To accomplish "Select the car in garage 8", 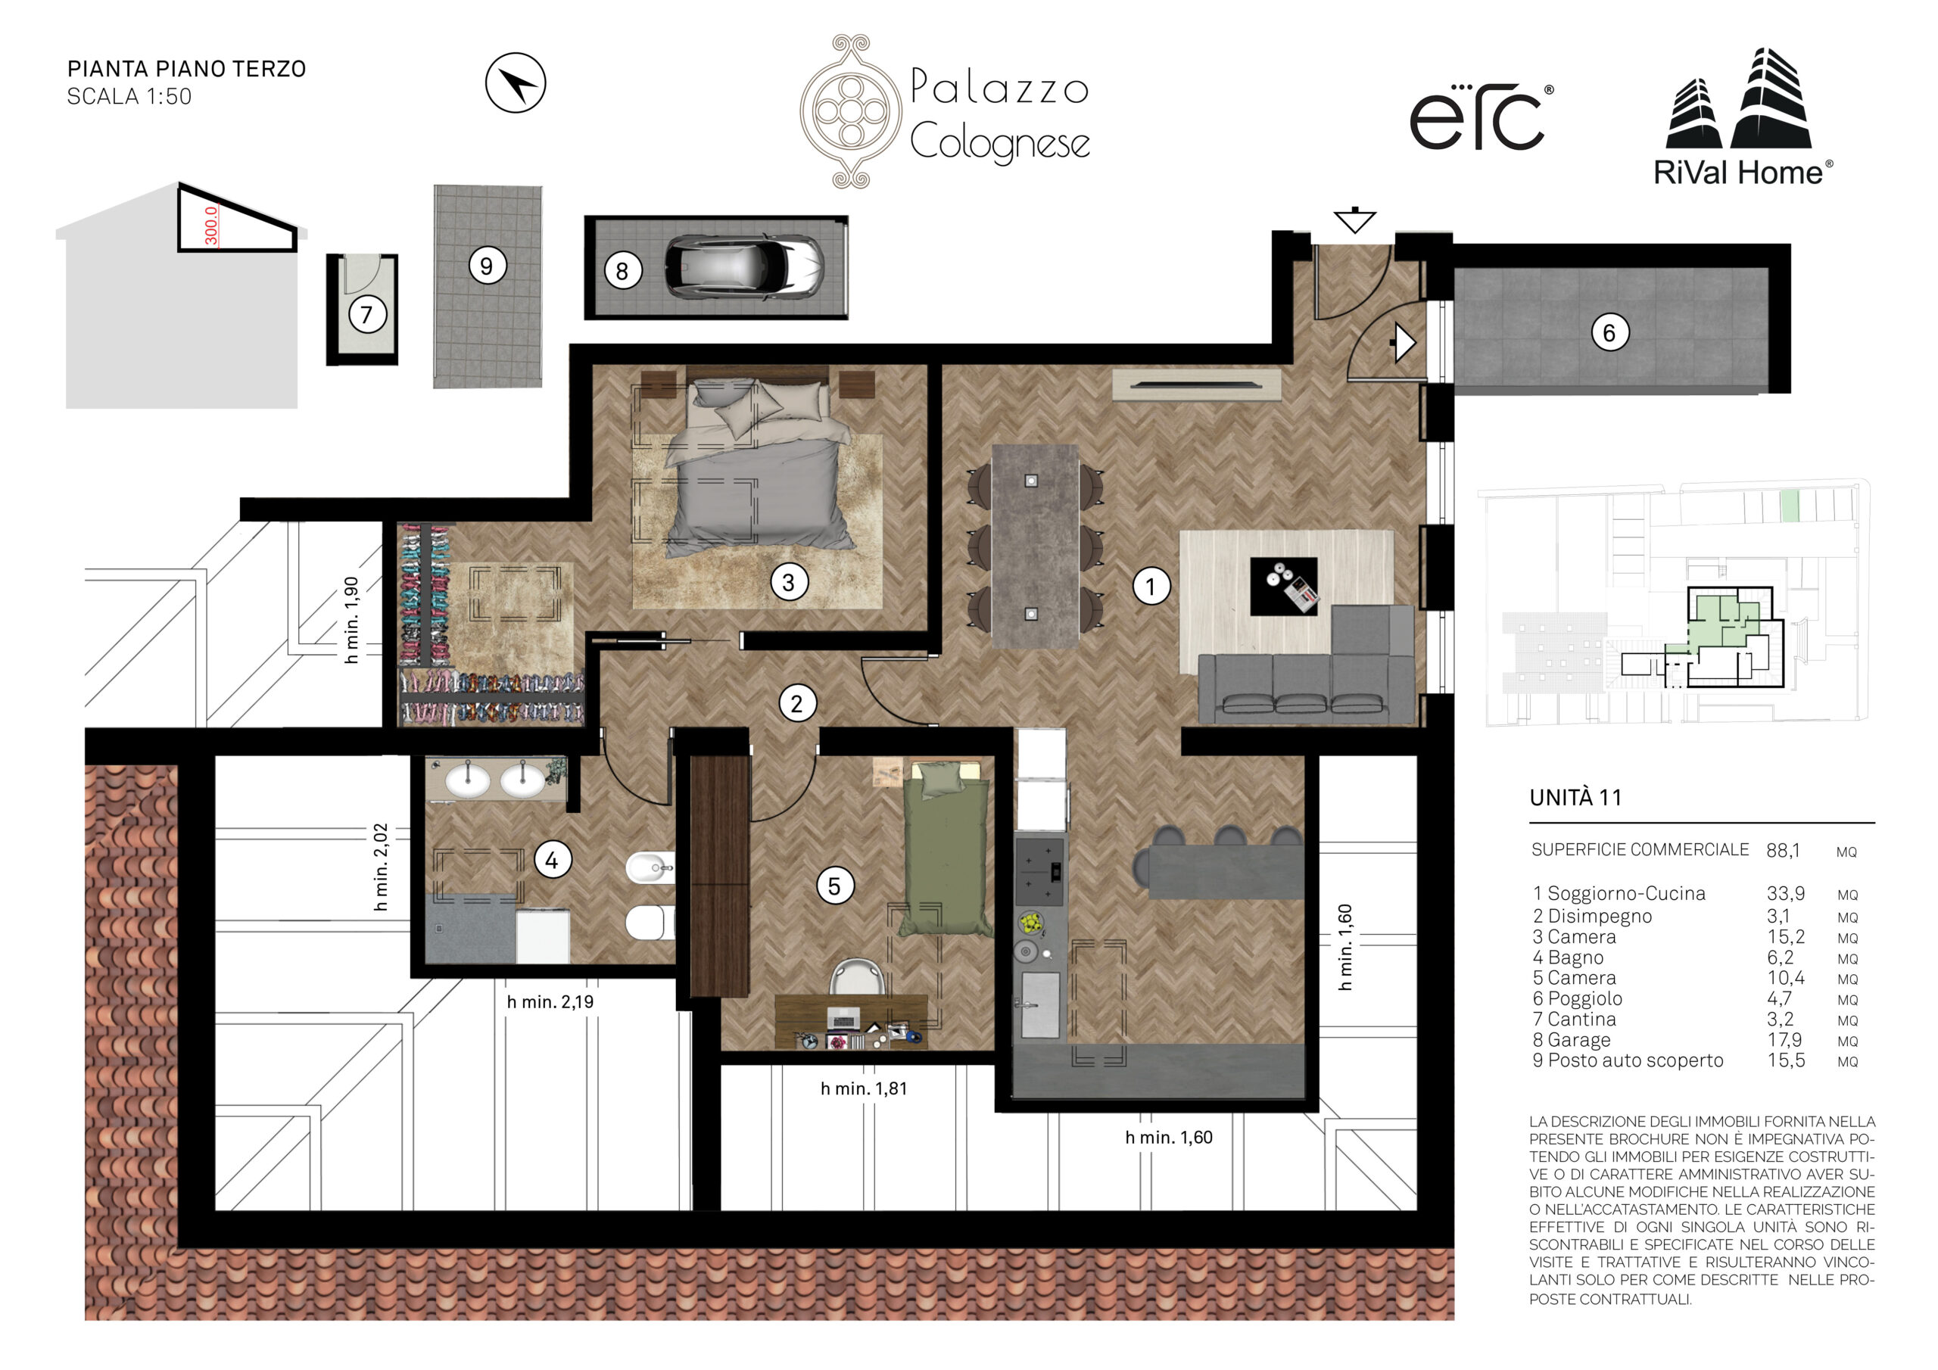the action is tap(743, 266).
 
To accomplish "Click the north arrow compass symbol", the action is tap(516, 83).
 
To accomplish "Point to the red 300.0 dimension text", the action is tap(211, 226).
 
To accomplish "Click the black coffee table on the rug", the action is tap(1284, 586).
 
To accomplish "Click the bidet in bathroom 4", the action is tap(650, 867).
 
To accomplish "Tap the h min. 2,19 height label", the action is tap(550, 1002).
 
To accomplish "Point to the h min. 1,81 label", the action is tap(864, 1089).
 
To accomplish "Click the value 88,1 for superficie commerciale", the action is tap(1783, 851).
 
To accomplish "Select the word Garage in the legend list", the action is tap(1578, 1040).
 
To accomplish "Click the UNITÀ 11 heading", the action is tap(1576, 798).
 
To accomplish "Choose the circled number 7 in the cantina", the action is tap(367, 315).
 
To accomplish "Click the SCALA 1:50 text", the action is tap(129, 97).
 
